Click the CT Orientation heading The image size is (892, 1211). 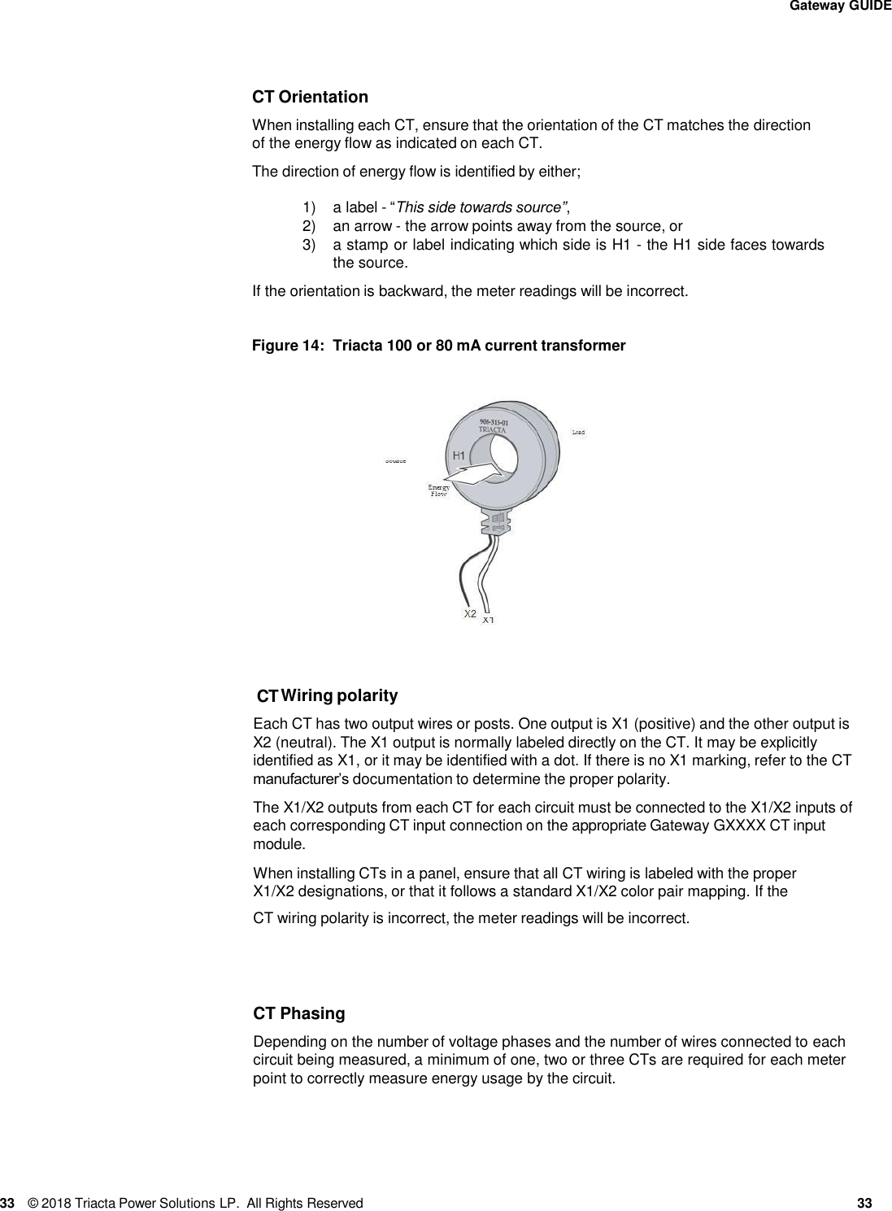click(310, 98)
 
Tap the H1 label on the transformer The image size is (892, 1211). click(459, 455)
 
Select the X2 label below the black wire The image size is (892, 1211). click(470, 613)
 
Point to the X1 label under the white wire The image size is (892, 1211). click(488, 621)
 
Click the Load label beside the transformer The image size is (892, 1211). click(578, 432)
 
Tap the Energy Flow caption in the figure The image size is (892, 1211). click(439, 490)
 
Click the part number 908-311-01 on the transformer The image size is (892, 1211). click(494, 422)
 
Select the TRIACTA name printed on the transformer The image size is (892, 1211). click(493, 430)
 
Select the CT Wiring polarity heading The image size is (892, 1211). click(327, 696)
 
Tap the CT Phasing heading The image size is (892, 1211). click(299, 1014)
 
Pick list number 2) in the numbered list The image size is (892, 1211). click(309, 226)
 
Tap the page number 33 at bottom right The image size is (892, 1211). click(864, 1203)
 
